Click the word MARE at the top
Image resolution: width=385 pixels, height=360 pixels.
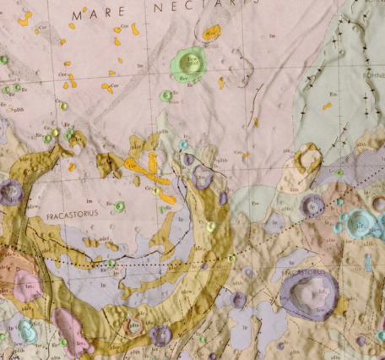[92, 14]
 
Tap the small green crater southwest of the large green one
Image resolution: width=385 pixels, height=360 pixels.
[166, 95]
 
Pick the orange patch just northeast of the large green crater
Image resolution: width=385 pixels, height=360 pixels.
[210, 33]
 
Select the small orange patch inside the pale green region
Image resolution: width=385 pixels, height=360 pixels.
[327, 106]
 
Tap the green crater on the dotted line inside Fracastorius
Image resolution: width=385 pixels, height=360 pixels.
[111, 264]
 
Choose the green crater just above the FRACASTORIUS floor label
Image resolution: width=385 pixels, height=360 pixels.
[120, 206]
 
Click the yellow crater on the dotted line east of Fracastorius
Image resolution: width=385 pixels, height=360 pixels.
[210, 226]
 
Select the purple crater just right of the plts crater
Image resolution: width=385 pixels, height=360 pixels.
[160, 335]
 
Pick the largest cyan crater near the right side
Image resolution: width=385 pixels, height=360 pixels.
[358, 224]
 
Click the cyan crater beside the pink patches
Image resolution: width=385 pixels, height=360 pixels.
[27, 330]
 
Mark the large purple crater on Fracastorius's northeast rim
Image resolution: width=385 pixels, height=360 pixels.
[202, 177]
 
